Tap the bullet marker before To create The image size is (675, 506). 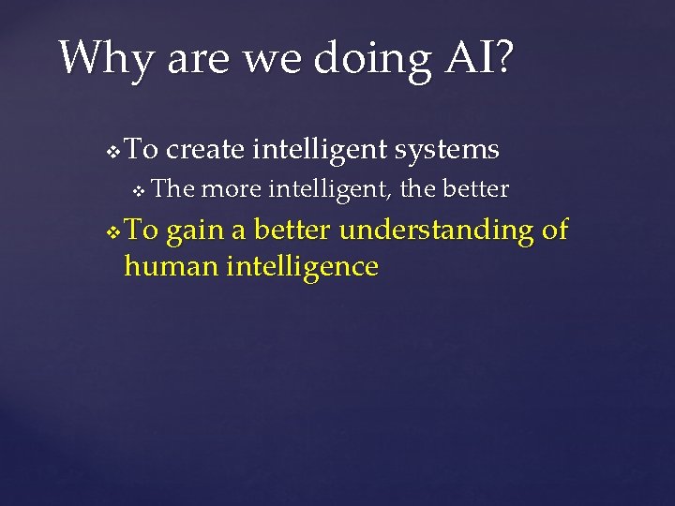click(113, 151)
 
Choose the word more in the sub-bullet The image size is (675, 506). click(232, 190)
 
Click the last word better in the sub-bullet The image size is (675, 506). click(473, 190)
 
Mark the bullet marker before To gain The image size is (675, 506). click(113, 232)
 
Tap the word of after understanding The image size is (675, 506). click(555, 230)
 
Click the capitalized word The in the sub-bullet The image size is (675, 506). click(172, 190)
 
